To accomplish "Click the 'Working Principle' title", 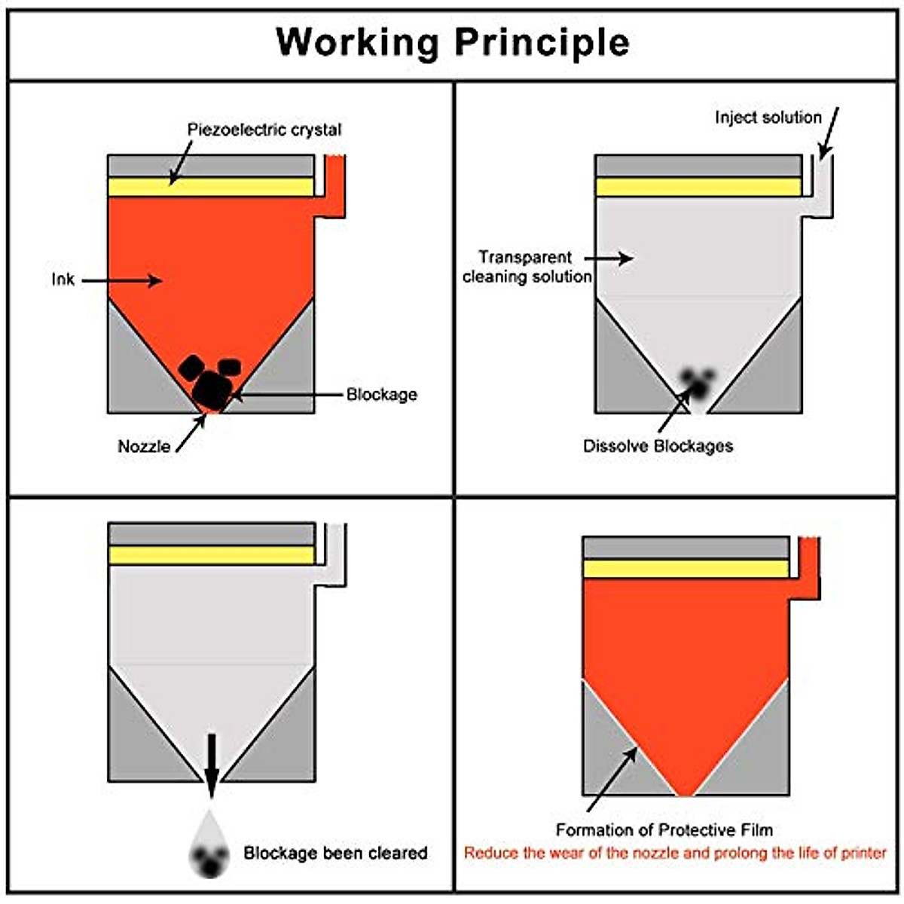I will tap(452, 41).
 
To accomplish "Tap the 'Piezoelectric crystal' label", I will tap(264, 130).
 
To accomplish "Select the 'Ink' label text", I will tap(63, 279).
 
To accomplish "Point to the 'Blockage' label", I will tap(381, 394).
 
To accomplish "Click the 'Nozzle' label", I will tap(144, 446).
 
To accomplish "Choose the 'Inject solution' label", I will tap(768, 118).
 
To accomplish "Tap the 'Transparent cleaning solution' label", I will tap(527, 267).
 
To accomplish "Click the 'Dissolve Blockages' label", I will tap(658, 445).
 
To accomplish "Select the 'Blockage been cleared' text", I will tap(335, 853).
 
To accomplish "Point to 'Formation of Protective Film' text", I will tap(664, 830).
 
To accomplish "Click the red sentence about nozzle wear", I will tap(675, 854).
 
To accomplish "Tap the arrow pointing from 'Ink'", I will tap(121, 281).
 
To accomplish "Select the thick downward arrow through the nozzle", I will tap(212, 765).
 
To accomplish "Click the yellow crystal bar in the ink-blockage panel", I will tap(211, 187).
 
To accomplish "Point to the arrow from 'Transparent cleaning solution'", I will tap(615, 258).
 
